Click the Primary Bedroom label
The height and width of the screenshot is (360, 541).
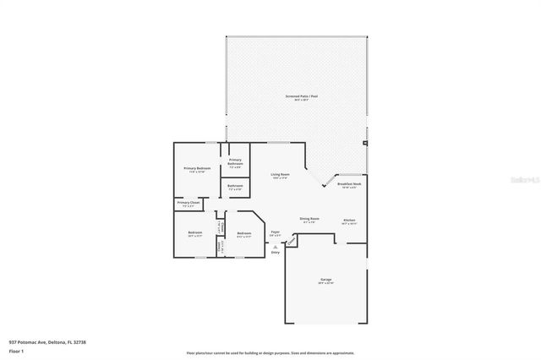[197, 169]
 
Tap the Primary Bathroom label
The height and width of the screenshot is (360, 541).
[235, 161]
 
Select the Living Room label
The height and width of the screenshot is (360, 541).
[280, 176]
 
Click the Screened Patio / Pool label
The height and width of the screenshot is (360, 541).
[301, 97]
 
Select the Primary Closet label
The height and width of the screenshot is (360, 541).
[189, 204]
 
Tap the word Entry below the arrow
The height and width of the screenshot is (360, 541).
[275, 253]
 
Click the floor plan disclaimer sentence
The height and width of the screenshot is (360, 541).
[270, 352]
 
